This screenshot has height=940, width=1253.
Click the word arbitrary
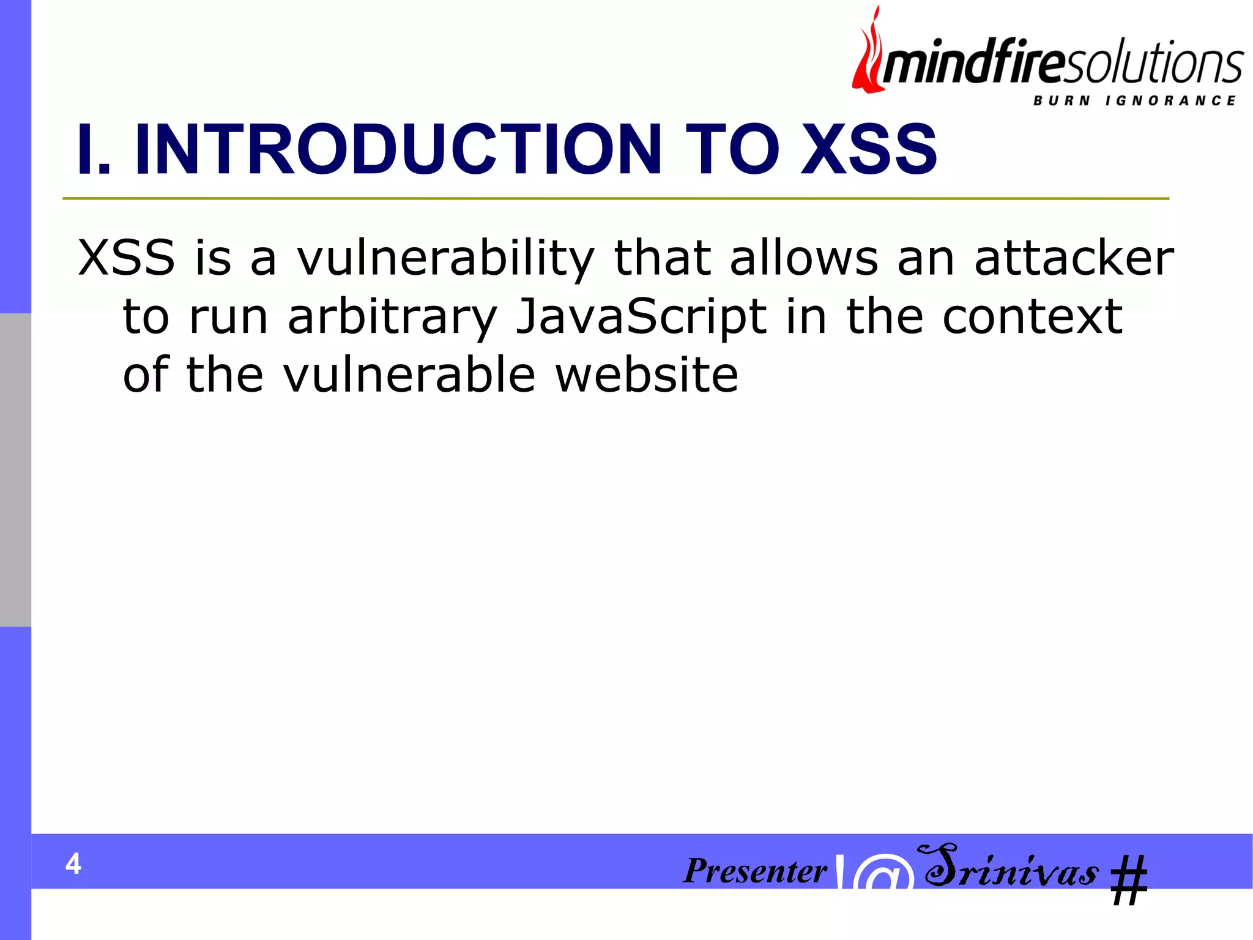coord(392,317)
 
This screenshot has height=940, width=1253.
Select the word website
coord(647,375)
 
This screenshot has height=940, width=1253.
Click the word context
coord(1032,317)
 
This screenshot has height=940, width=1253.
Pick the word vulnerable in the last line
coord(409,375)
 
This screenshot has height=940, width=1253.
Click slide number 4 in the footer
coord(73,864)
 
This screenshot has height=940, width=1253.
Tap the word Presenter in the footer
coord(755,870)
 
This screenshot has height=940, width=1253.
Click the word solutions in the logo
coord(1153,64)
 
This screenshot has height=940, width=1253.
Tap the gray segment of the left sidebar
coord(15,470)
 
